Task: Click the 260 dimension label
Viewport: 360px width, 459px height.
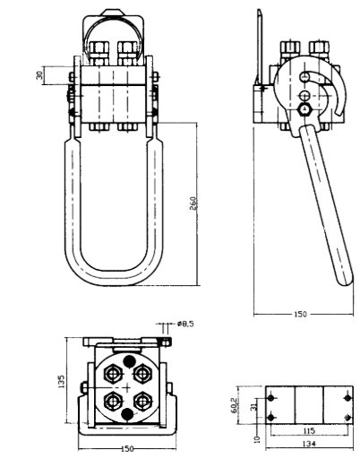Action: point(193,204)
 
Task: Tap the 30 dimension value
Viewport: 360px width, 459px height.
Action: point(39,75)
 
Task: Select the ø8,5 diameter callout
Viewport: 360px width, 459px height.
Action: point(185,324)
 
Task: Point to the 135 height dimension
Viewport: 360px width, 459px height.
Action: point(61,381)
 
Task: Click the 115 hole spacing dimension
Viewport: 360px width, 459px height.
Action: point(309,430)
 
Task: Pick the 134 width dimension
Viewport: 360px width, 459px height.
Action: point(309,444)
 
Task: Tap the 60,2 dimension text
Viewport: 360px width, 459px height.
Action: point(235,404)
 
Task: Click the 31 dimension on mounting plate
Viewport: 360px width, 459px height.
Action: point(253,406)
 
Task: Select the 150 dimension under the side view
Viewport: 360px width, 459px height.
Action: point(300,314)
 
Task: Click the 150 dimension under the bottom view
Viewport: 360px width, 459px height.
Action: point(127,449)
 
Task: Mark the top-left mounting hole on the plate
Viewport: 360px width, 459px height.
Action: point(270,398)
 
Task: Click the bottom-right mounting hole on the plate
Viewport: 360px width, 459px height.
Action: point(347,417)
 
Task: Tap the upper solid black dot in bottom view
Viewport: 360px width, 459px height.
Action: point(129,361)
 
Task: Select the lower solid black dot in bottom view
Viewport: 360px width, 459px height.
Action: point(128,413)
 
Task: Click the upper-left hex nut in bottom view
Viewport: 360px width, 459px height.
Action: point(113,374)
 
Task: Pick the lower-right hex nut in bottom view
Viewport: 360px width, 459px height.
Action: point(142,402)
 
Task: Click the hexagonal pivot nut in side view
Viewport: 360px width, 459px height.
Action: point(304,109)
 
